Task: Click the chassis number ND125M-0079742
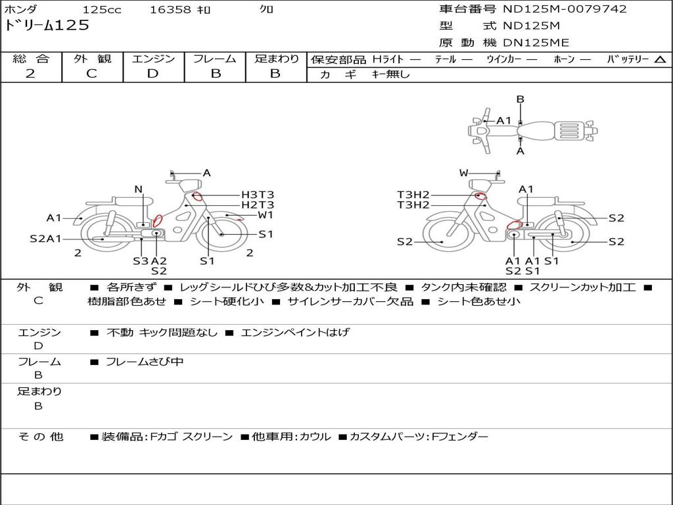(x=565, y=9)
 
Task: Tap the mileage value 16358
(x=170, y=9)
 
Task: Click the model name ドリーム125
(x=47, y=26)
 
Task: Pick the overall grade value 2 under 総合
(x=30, y=74)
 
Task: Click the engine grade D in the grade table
(x=152, y=74)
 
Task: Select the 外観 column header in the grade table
(x=92, y=59)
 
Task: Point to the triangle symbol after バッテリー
(x=660, y=59)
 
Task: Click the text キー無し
(x=390, y=74)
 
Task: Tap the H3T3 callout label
(x=258, y=195)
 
